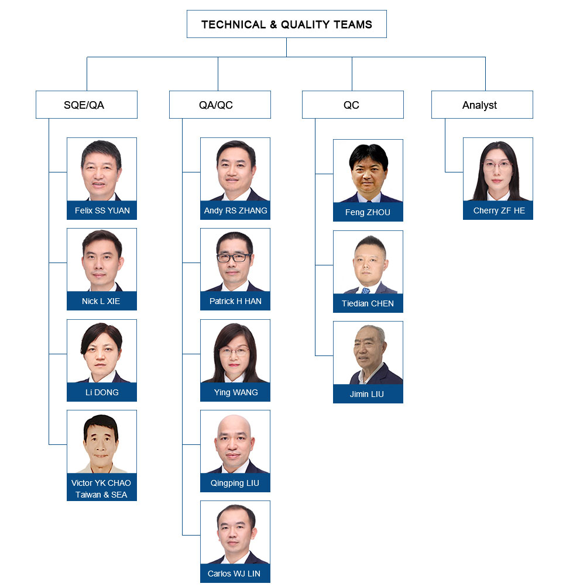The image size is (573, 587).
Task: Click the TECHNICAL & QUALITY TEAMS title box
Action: pos(286,24)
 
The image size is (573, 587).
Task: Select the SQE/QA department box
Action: pos(87,105)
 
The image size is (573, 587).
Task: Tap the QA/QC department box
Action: pos(220,105)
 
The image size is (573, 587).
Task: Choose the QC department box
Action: pos(353,105)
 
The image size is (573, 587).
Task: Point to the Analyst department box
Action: pos(482,105)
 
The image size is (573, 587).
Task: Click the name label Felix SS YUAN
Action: pos(102,210)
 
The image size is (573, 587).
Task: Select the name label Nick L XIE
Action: pos(102,301)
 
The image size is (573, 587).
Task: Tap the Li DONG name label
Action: pos(102,392)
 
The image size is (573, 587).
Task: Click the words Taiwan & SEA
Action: pos(101,495)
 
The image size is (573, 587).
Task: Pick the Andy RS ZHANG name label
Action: pos(235,210)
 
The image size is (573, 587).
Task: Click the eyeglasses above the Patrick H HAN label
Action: pos(234,257)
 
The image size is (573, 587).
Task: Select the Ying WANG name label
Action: pos(235,392)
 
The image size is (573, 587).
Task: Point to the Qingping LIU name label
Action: pos(235,483)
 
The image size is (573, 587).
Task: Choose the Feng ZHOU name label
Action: pos(368,212)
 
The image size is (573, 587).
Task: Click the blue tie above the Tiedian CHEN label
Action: pos(366,291)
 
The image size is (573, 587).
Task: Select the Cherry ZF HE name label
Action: pos(498,210)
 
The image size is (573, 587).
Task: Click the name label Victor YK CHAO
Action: pos(101,483)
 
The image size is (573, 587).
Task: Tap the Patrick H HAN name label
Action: pos(235,301)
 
